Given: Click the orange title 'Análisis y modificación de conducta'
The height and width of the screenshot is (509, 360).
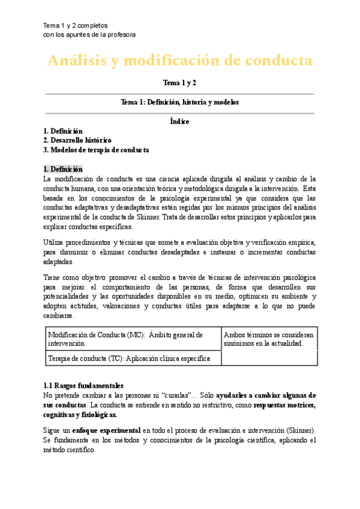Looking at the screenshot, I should click(x=179, y=61).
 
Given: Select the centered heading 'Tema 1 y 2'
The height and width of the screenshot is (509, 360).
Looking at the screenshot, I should click(x=179, y=82).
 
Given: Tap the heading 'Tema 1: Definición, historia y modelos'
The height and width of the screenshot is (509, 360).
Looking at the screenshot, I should click(x=179, y=103).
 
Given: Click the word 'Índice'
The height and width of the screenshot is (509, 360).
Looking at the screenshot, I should click(x=179, y=121).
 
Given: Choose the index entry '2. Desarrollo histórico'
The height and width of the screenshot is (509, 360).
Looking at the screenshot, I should click(x=77, y=140).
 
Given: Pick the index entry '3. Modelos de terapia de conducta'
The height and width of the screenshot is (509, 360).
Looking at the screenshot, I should click(x=96, y=149).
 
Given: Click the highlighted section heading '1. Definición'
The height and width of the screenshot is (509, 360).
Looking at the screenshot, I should click(x=63, y=169).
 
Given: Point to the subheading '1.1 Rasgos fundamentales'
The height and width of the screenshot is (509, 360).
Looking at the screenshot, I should click(x=83, y=385).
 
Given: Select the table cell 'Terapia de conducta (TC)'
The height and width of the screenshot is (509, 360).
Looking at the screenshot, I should click(x=128, y=358).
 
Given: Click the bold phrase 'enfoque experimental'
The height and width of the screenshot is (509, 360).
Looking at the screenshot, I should click(x=106, y=430).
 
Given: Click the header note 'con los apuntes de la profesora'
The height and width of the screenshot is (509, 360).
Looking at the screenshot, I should click(x=90, y=35).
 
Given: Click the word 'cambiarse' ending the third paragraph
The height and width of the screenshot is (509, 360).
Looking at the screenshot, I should click(x=59, y=316).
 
